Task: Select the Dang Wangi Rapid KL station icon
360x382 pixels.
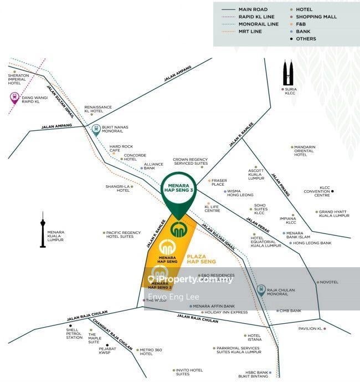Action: pos(15,99)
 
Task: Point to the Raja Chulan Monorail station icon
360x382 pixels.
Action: pos(261,290)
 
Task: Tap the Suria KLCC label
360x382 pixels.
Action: pos(292,93)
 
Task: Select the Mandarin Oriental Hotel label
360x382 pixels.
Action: pos(305,151)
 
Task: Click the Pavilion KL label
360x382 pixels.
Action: pos(310,329)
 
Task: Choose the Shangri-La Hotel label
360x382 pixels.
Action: pos(117,189)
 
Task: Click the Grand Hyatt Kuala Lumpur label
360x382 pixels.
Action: pos(334,213)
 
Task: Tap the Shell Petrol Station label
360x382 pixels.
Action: pos(74,333)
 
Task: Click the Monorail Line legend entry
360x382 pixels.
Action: pos(258,24)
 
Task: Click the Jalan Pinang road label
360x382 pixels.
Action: pos(281,185)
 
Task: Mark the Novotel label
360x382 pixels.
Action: pos(329,282)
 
